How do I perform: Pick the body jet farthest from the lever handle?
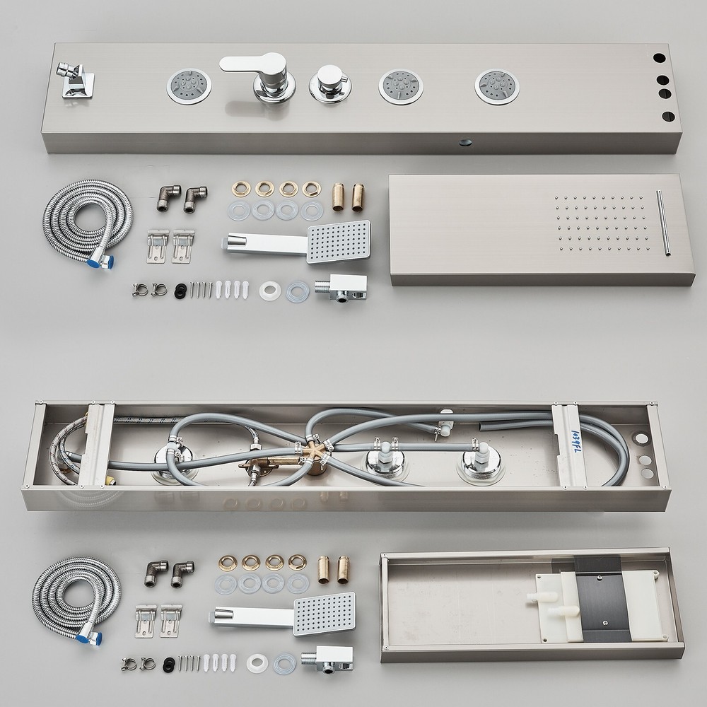click(x=497, y=86)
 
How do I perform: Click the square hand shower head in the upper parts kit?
click(x=339, y=241)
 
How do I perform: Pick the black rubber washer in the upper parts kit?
click(x=180, y=289)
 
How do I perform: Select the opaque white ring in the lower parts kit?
click(x=256, y=664)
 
